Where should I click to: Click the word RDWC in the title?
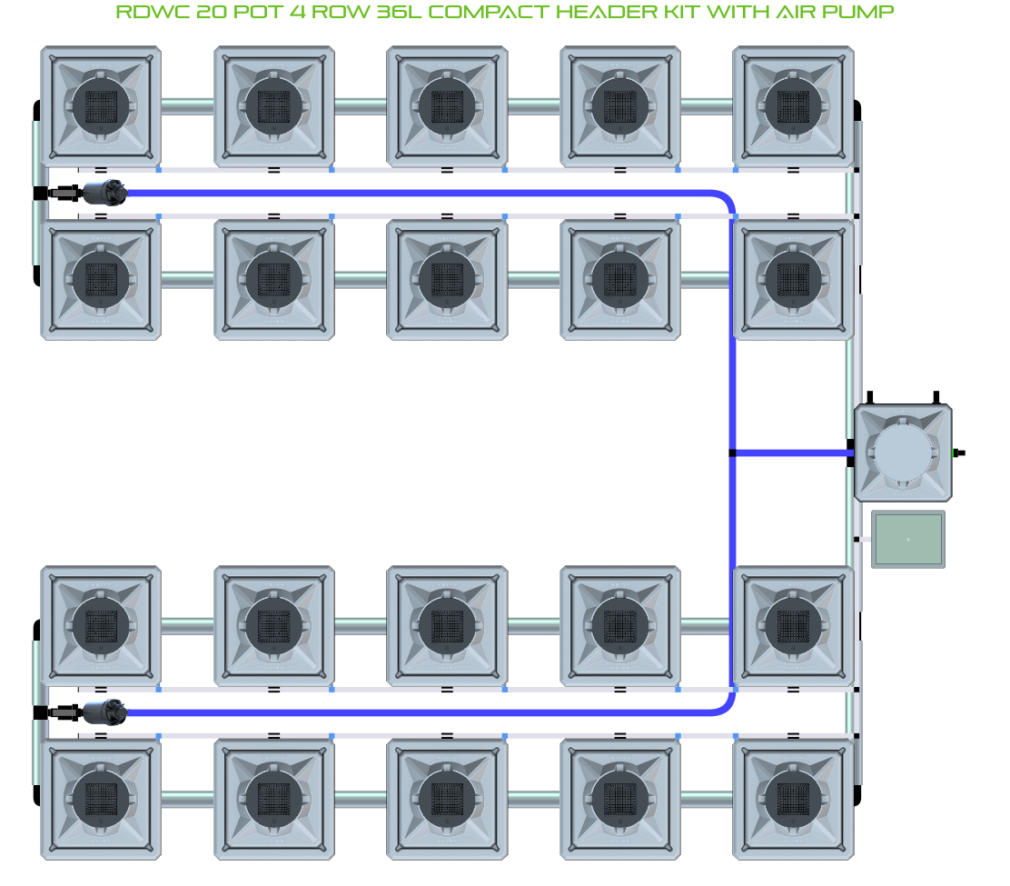pos(144,13)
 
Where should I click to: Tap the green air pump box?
pos(907,540)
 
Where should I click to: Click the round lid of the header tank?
pos(903,453)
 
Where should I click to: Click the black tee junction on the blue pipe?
pos(732,453)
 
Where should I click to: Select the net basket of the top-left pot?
pos(101,106)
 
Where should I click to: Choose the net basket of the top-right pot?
pos(793,106)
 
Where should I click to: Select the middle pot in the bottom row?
pos(447,799)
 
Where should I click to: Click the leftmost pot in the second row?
pos(101,279)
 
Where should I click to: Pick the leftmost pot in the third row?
pos(101,626)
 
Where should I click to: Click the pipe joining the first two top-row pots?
pos(187,106)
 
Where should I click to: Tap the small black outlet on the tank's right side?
pos(959,452)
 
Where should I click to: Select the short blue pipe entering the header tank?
pos(790,453)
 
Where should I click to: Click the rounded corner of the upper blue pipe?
pos(725,200)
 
